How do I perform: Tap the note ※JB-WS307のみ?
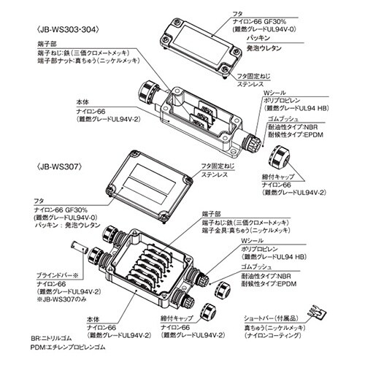click(x=61, y=299)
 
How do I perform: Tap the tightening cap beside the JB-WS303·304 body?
click(x=279, y=155)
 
